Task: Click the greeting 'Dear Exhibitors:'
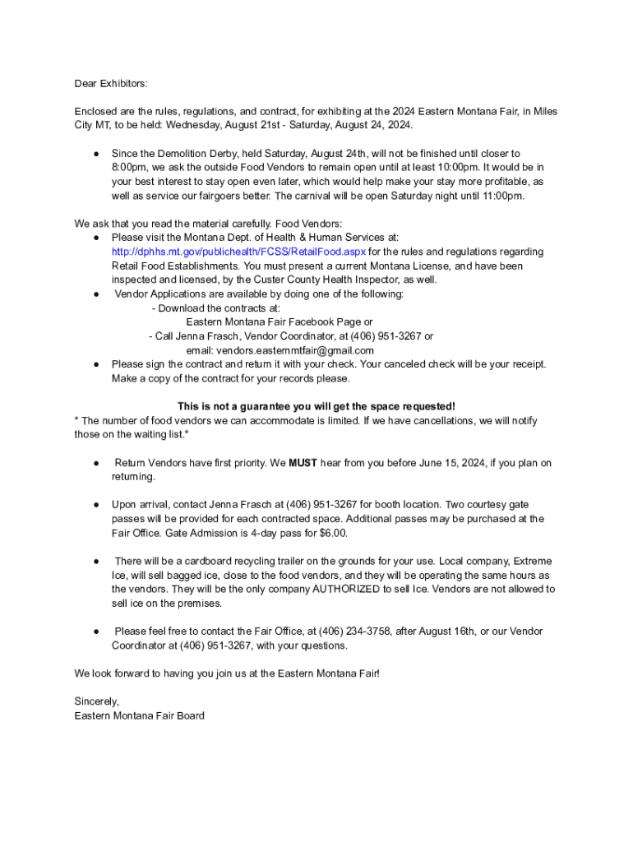coord(111,83)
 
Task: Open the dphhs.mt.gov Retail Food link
coord(238,252)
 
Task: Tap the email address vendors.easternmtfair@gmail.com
coord(284,350)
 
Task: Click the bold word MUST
coord(303,463)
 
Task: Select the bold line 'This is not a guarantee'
coord(316,406)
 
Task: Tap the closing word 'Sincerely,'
coord(97,701)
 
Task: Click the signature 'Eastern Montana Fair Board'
coord(139,715)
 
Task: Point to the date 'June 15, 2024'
coord(446,463)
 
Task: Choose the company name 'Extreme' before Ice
coord(532,561)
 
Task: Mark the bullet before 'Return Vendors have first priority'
coord(96,463)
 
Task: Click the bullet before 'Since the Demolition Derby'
coord(96,154)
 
